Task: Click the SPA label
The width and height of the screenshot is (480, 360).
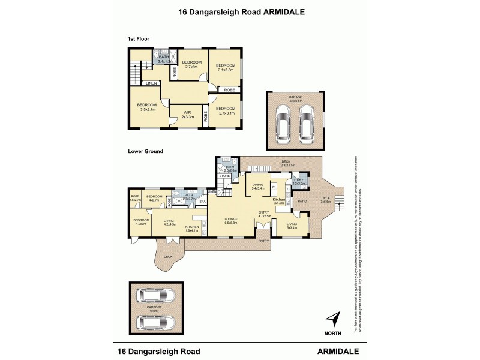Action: [x=202, y=202]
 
